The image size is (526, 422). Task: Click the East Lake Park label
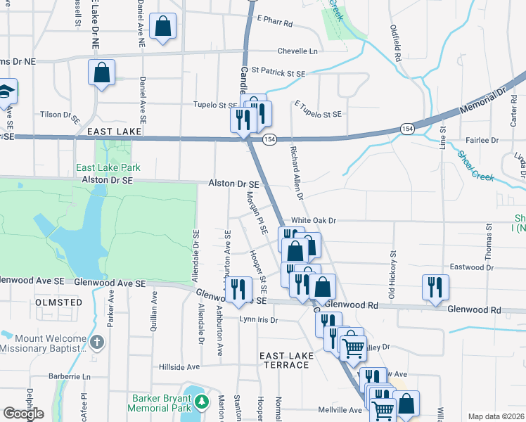[108, 167]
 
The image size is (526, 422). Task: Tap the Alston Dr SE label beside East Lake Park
[108, 180]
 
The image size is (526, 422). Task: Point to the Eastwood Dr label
[487, 267]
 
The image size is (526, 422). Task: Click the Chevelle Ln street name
[297, 51]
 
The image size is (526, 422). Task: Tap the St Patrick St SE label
[278, 73]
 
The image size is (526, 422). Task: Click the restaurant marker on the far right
[435, 286]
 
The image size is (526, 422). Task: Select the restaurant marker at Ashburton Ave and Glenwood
[238, 288]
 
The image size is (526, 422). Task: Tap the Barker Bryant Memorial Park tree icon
[203, 401]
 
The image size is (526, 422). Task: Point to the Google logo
[24, 414]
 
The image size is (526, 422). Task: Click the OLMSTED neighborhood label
[58, 302]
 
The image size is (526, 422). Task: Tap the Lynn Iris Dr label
[259, 319]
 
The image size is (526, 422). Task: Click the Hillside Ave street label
[179, 367]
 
